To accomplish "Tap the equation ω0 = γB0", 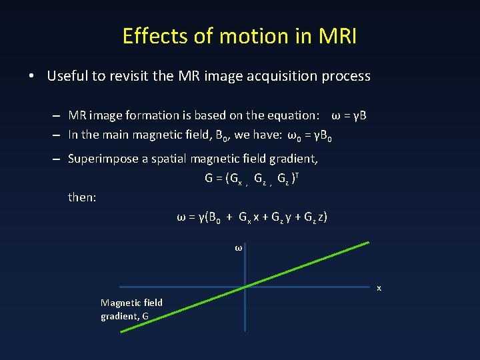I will click(309, 135).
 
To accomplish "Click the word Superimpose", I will click(103, 159).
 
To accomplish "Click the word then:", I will click(83, 197).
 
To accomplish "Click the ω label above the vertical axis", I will click(238, 248).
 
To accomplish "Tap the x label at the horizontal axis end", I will click(379, 288).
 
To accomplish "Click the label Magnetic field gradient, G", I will click(131, 309).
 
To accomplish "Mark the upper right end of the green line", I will click(368, 243).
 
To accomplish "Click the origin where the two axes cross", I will click(245, 286).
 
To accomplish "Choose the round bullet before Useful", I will click(31, 76).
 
